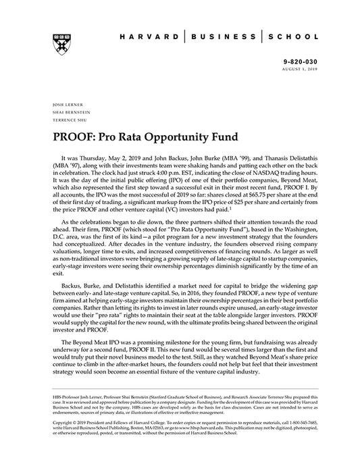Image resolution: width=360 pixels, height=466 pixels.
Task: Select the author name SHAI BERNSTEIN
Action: coord(69,112)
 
